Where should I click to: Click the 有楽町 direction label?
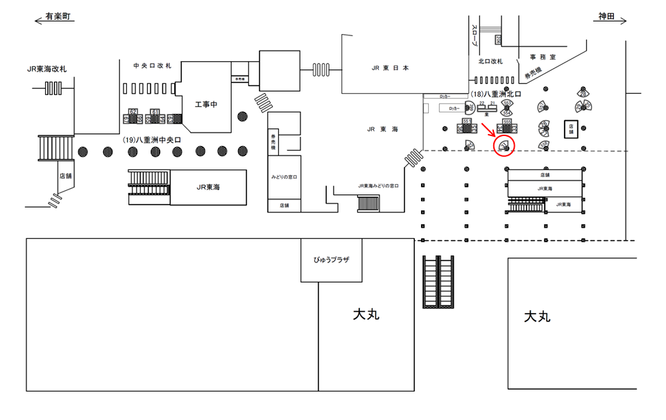tap(56, 15)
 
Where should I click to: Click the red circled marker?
tap(504, 146)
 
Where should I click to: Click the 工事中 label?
tap(206, 104)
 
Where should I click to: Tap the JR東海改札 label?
tap(47, 69)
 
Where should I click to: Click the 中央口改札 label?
tap(153, 65)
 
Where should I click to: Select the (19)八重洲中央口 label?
tap(152, 140)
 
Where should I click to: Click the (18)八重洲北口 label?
tap(495, 94)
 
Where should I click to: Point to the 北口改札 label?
tap(490, 61)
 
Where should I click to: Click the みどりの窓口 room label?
tap(284, 178)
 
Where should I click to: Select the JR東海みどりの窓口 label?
tap(378, 186)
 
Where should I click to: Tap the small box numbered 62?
tap(133, 111)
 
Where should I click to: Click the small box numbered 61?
tap(155, 111)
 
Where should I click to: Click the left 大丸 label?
tap(366, 314)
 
